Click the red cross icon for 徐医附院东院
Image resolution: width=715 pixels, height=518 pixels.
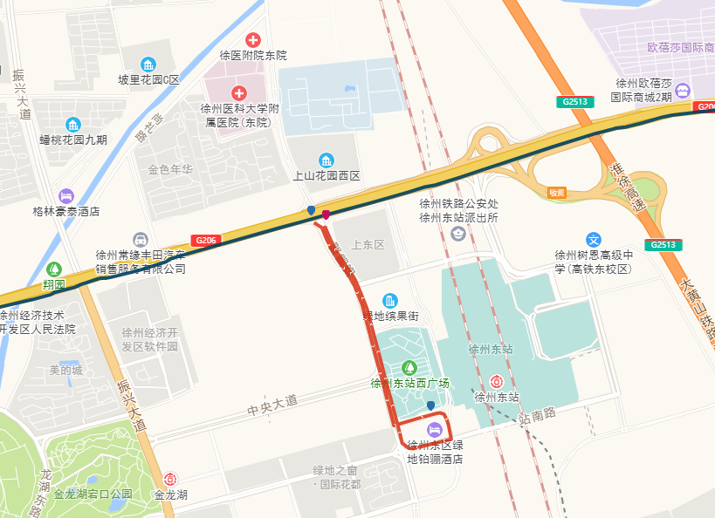pos(253,39)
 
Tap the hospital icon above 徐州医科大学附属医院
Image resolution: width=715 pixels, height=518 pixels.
pos(238,92)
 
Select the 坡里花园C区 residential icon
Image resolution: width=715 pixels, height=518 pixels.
pos(148,65)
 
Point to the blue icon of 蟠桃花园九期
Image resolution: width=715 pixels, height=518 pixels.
pos(73,124)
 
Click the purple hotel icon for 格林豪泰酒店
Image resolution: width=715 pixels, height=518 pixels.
pos(66,195)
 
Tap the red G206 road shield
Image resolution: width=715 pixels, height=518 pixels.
pos(206,240)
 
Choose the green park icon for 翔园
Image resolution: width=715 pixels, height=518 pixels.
pos(54,269)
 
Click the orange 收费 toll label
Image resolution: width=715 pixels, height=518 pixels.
pos(557,192)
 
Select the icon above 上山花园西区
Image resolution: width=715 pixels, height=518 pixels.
pos(327,160)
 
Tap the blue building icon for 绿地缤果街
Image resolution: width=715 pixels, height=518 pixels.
pos(389,300)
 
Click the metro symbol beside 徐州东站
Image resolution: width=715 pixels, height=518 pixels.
pos(496,381)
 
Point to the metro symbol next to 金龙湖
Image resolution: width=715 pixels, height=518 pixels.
pos(170,479)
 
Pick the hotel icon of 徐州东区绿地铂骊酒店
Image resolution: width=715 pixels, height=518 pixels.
pos(434,430)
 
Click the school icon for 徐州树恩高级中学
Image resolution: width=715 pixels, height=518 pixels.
pos(594,240)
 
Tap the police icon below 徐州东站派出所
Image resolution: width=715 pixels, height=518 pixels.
pos(458,233)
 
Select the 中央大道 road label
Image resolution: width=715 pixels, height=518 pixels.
pos(272,404)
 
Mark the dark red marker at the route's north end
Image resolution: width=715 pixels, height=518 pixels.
pos(326,215)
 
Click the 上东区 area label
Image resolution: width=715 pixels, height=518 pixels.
pos(368,245)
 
